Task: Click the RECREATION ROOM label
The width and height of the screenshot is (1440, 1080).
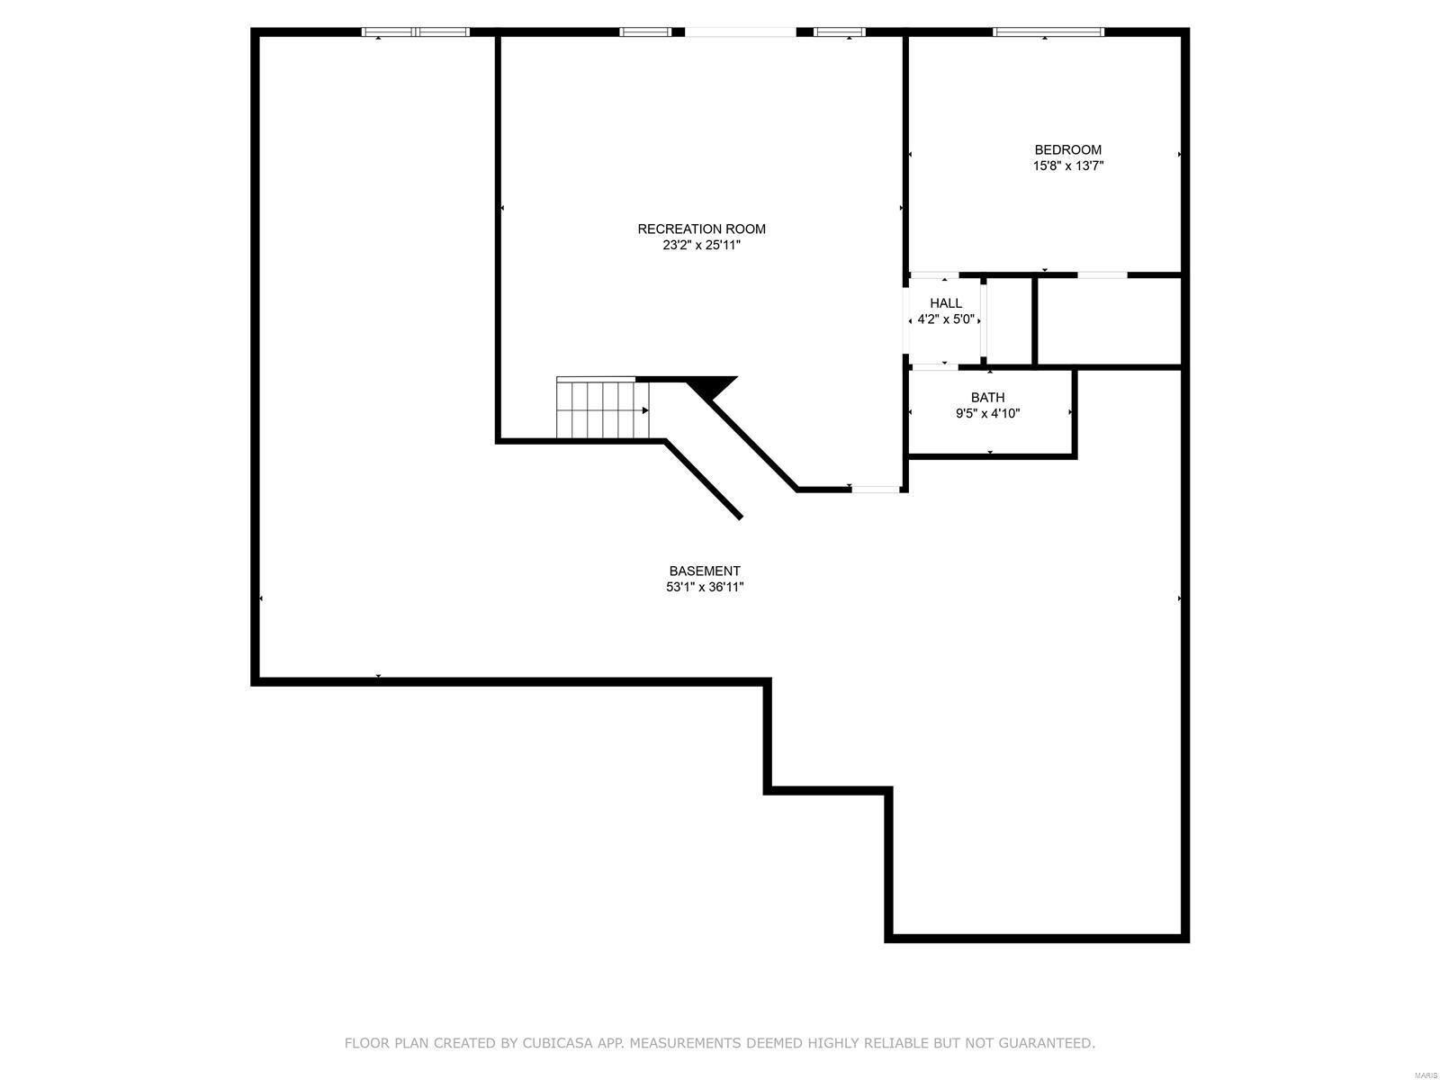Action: coord(701,229)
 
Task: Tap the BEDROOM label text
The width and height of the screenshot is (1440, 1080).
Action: coord(1067,149)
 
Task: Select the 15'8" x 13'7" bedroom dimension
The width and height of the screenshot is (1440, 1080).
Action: coord(1067,166)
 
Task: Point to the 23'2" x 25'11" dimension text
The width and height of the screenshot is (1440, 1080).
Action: coord(701,245)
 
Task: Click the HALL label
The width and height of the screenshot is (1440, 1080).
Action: coord(946,303)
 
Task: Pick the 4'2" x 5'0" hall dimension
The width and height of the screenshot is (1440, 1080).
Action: coord(946,319)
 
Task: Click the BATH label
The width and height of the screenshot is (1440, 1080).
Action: coord(987,397)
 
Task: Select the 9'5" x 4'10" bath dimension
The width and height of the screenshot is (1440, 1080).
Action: coord(987,414)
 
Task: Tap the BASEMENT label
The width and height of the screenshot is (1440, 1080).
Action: coord(705,571)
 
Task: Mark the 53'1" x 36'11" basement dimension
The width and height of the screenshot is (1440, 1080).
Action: coord(705,588)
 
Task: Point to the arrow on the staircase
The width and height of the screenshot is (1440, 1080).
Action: coord(644,410)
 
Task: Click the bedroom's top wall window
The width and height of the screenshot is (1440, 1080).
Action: coord(1048,32)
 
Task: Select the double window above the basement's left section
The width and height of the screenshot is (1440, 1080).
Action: coord(415,32)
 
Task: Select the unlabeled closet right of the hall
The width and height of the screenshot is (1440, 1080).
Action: coord(1108,321)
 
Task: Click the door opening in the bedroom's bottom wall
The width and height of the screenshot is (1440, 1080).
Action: coord(1102,274)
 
